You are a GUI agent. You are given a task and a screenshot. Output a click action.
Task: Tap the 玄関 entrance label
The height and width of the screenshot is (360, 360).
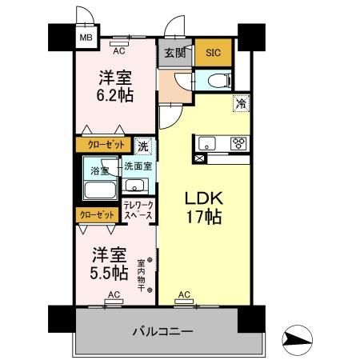pos(174,54)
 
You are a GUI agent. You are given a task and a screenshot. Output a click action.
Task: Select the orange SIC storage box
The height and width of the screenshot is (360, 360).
pos(213,54)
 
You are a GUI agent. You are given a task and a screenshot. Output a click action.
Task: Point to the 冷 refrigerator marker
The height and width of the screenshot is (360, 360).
pos(239,102)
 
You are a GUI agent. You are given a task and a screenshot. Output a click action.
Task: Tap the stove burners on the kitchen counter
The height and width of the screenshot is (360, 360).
pos(238,144)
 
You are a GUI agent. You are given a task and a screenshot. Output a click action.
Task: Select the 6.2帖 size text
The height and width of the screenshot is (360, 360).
pos(115,94)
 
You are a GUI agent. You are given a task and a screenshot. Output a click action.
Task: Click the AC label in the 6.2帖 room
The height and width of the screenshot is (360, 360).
pos(119,50)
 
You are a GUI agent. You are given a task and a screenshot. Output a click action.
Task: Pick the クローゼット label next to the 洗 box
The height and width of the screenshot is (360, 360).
pos(102,145)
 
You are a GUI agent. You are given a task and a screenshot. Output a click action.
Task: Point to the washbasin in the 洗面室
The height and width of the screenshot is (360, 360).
pos(135,186)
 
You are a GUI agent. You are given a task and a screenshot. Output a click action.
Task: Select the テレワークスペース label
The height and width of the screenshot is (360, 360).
pos(137,210)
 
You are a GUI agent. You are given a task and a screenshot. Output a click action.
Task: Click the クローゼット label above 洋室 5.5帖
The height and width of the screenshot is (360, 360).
pos(96,214)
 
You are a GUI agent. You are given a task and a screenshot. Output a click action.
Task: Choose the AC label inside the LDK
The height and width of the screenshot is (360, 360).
pos(184,294)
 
